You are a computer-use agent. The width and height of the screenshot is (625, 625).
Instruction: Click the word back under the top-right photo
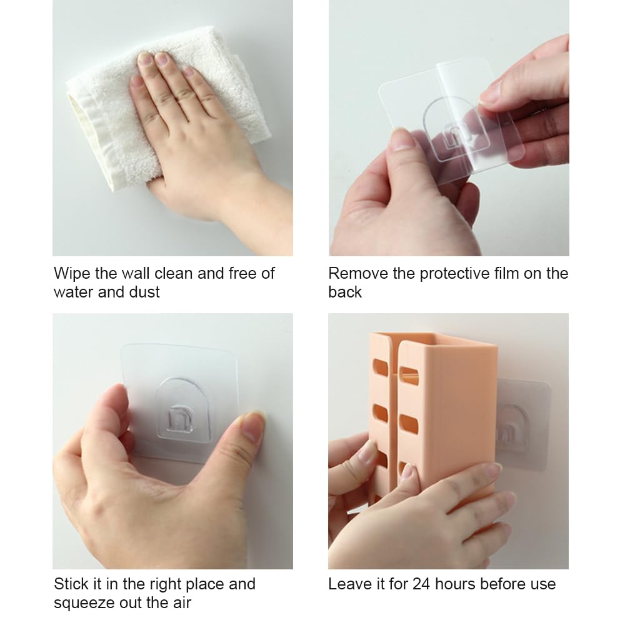point(345,292)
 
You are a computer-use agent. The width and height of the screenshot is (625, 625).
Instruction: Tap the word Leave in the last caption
point(349,584)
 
